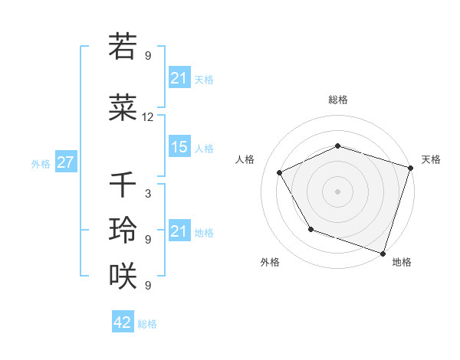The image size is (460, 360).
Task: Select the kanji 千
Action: click(123, 185)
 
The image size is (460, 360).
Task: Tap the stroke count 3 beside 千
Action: click(148, 194)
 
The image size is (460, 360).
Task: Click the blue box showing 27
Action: click(65, 163)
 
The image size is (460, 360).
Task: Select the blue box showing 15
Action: click(179, 147)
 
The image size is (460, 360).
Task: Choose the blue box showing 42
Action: click(123, 322)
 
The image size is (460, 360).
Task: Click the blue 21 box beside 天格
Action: click(179, 78)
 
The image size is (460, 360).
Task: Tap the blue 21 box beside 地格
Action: click(179, 231)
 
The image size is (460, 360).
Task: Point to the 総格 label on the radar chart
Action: click(338, 100)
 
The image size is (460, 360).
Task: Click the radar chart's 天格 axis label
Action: click(431, 159)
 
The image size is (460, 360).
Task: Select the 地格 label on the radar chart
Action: click(402, 262)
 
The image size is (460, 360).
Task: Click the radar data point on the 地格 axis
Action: click(383, 252)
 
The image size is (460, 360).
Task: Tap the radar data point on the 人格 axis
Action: click(279, 172)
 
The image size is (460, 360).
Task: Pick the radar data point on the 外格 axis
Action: click(310, 229)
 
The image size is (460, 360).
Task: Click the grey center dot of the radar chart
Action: click(338, 191)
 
